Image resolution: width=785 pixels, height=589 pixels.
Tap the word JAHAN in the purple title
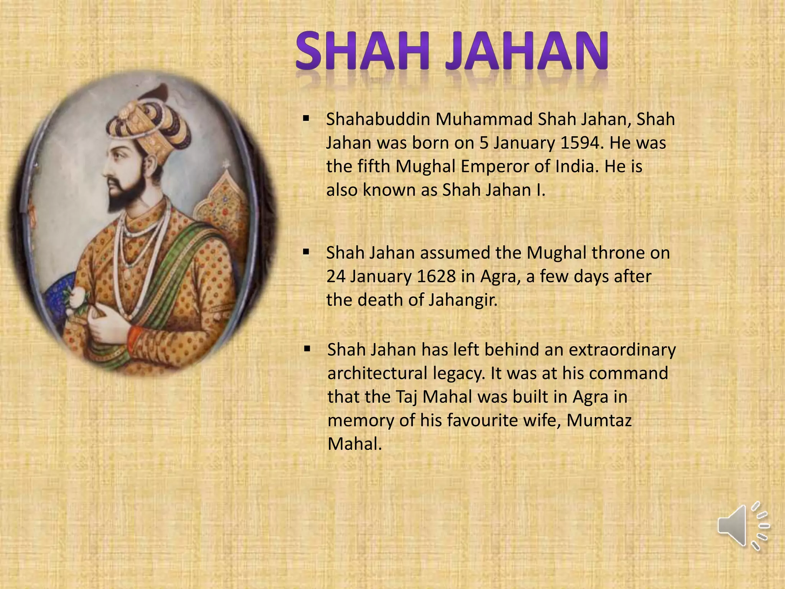coord(527,51)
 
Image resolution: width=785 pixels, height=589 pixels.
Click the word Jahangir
coord(463,300)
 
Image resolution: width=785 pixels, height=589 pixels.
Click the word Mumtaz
coord(599,421)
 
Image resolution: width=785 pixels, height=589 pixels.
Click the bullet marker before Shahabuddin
coord(306,118)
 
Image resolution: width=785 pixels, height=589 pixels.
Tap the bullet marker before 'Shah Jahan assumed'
coord(306,252)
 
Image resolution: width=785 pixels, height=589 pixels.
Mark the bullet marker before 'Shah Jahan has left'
coord(307,349)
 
